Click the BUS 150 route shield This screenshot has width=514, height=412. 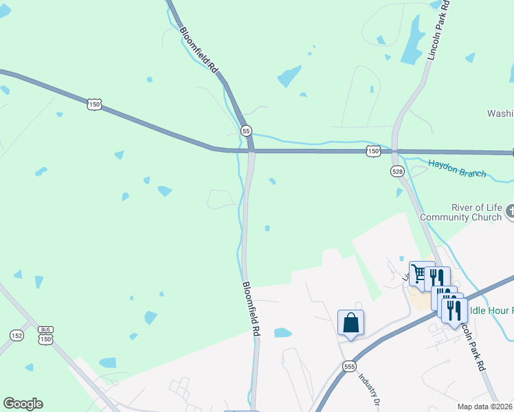45,334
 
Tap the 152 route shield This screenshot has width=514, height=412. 17,335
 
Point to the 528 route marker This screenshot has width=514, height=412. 396,170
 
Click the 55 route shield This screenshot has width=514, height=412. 246,130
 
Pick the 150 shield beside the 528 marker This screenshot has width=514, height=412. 372,150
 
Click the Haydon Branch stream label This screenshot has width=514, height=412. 457,168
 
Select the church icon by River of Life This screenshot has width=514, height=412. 509,211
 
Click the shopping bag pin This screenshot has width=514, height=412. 350,322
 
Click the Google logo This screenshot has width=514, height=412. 23,404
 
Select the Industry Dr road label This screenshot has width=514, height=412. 370,390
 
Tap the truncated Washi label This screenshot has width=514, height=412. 500,113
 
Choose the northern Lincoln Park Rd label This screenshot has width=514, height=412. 437,31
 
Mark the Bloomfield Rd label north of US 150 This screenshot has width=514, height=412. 199,49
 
